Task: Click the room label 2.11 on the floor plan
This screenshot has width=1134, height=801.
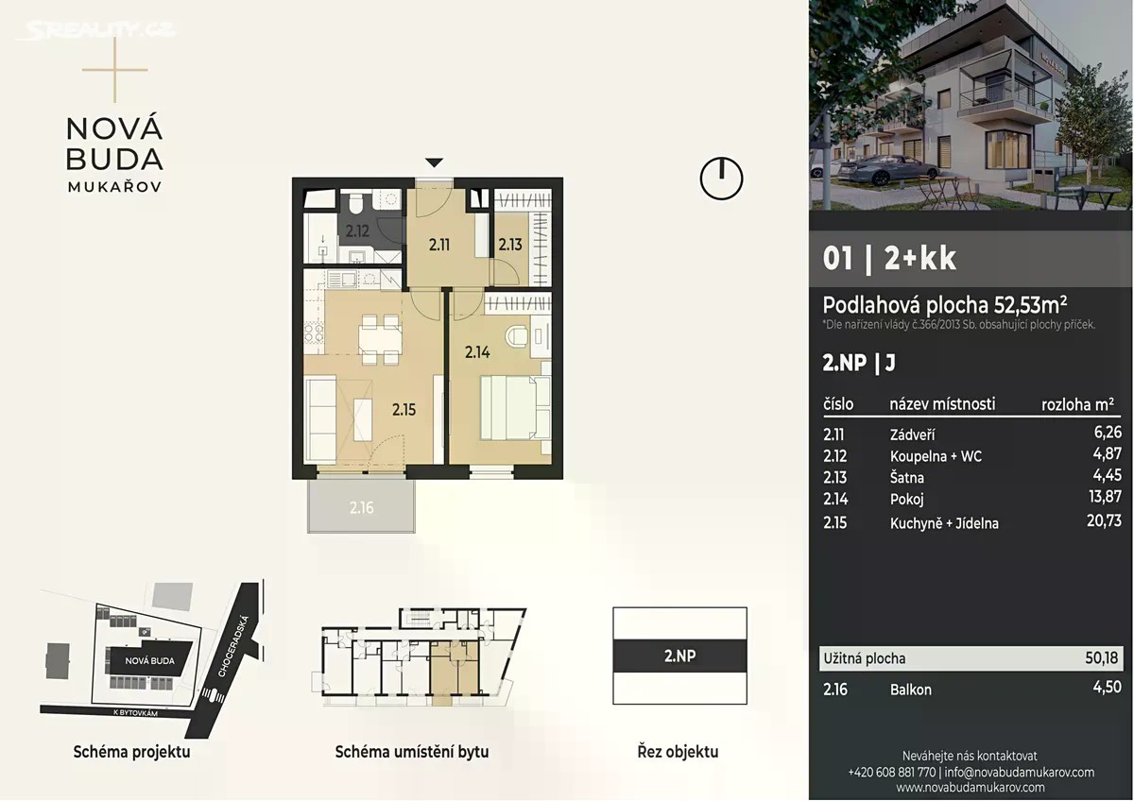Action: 438,246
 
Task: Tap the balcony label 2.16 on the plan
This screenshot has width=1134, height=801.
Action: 361,507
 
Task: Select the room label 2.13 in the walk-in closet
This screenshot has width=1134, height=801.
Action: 509,245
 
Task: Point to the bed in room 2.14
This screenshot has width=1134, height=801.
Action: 515,408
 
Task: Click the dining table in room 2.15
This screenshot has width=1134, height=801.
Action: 381,339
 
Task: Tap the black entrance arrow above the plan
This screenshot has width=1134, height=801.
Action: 434,162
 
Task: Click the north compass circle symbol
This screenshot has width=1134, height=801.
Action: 721,179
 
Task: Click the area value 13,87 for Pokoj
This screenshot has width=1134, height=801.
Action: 1105,497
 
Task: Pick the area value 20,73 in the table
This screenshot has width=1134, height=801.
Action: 1104,520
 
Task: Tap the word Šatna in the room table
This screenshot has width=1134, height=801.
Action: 906,477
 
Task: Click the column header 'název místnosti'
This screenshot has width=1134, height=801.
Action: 942,403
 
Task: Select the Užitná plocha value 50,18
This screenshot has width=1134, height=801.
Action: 1101,657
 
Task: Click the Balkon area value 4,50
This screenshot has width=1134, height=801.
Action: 1108,687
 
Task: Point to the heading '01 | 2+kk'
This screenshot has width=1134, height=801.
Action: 889,259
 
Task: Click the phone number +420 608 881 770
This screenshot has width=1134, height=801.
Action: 891,773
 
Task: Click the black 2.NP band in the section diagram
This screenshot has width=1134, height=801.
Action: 679,656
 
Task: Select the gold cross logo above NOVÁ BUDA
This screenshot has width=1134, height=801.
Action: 115,69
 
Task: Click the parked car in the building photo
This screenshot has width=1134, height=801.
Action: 886,169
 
